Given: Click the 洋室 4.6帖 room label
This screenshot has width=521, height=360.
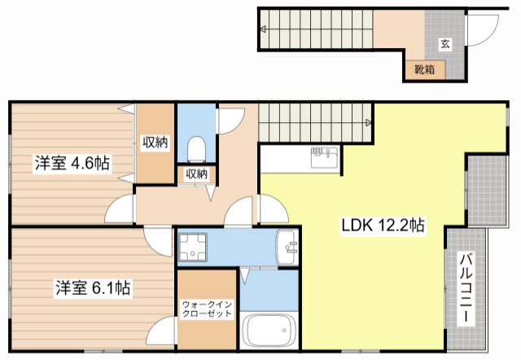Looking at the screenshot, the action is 72,163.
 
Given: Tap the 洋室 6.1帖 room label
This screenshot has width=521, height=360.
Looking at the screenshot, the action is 93,288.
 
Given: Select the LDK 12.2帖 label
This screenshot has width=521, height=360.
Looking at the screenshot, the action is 383,226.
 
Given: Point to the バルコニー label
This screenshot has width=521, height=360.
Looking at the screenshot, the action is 466,288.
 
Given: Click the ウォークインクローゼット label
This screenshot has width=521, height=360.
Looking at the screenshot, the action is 207,310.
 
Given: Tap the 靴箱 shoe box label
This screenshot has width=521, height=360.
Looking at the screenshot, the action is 424,69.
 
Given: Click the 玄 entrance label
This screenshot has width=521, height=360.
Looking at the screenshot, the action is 445,44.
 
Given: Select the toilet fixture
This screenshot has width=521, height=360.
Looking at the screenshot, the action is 196,150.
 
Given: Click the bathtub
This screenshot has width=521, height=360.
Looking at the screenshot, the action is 269,331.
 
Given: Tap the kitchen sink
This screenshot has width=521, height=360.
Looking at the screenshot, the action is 324,157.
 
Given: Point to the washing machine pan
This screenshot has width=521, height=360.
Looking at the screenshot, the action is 193,247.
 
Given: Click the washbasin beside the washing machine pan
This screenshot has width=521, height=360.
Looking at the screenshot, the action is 287,248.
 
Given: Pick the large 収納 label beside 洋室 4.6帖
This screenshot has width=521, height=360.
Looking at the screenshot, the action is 155,143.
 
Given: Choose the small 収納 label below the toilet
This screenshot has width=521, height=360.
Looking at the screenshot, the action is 197,173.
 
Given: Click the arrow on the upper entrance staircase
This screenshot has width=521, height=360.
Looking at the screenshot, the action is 263,29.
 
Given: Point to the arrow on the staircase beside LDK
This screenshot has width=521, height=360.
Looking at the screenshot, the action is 368,123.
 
